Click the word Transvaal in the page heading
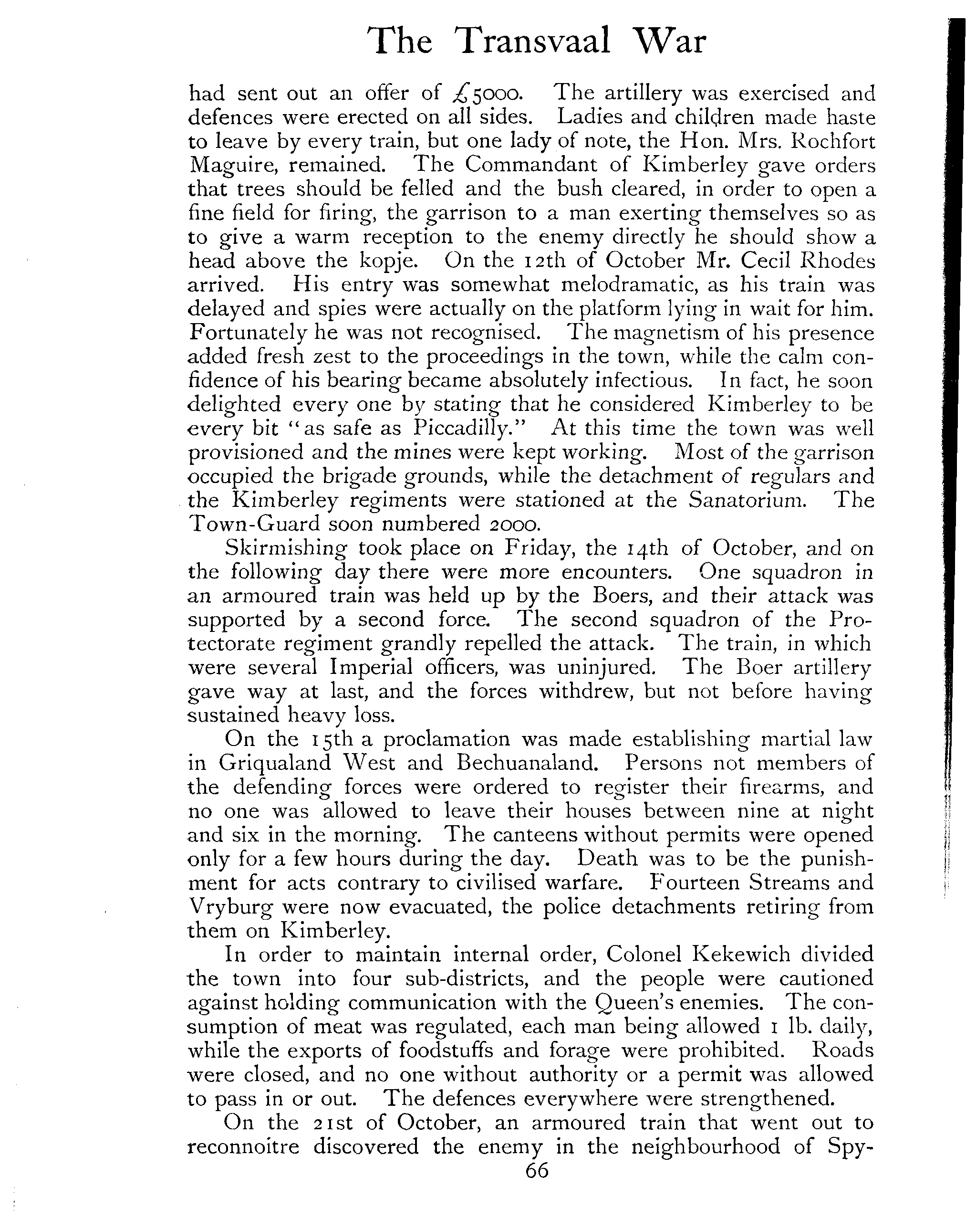click(x=534, y=42)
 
